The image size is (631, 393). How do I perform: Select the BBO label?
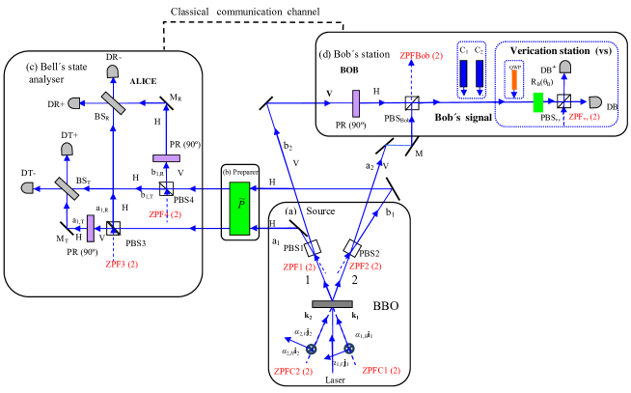point(385,306)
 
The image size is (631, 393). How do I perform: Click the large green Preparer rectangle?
point(239,208)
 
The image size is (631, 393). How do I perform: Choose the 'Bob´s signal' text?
point(466,117)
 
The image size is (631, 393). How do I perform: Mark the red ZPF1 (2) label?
point(299,267)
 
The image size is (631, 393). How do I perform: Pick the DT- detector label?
point(26,172)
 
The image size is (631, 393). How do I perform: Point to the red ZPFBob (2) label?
point(422,55)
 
